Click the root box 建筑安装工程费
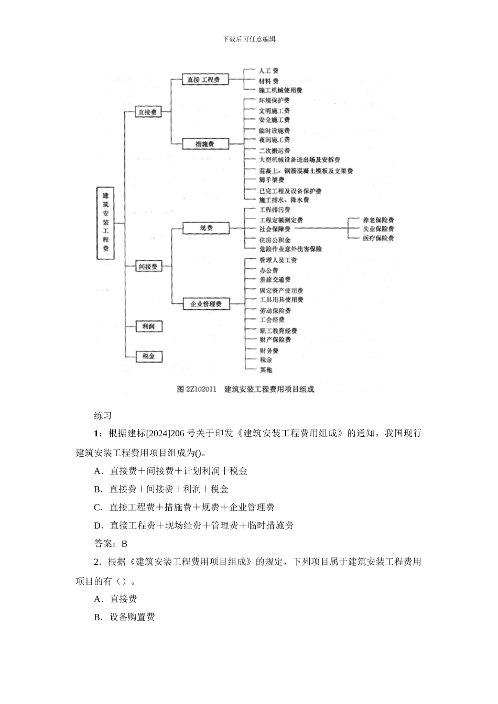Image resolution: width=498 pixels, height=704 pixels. (x=106, y=223)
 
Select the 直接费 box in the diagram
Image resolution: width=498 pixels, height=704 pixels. (x=147, y=112)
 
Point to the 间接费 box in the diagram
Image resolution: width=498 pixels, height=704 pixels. (x=147, y=267)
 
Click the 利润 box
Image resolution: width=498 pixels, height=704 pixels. (x=148, y=326)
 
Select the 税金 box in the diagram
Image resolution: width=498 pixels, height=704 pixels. (x=148, y=356)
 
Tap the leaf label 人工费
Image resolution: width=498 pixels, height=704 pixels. (x=269, y=71)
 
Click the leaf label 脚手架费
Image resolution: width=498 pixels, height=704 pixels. (x=272, y=180)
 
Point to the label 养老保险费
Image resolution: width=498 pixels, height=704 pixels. (x=378, y=221)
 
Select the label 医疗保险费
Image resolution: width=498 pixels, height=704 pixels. (x=378, y=238)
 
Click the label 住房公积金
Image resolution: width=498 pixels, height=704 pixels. (x=275, y=240)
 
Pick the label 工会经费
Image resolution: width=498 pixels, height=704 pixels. (x=272, y=320)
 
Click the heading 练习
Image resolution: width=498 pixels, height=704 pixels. (x=103, y=416)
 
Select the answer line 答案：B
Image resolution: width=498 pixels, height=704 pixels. (x=110, y=544)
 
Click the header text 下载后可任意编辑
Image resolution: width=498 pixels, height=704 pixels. (x=249, y=39)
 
